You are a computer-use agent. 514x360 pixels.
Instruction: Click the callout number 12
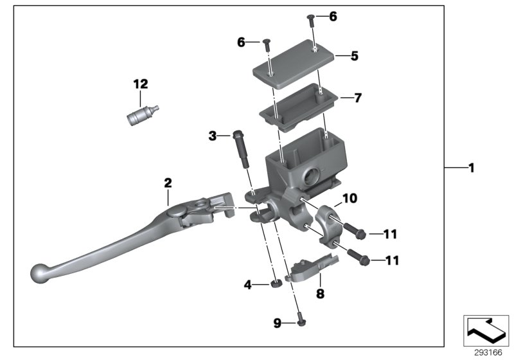point(140,84)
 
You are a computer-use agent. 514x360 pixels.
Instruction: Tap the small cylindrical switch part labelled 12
point(139,116)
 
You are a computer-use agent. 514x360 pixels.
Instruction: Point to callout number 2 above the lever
point(168,183)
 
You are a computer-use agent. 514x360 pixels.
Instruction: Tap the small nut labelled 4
point(275,284)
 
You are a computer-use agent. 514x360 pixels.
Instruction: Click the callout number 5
point(355,56)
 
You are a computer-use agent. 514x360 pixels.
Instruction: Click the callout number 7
point(358,98)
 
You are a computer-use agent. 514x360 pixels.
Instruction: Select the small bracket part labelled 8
point(310,269)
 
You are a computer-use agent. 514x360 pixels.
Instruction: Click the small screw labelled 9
point(300,319)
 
